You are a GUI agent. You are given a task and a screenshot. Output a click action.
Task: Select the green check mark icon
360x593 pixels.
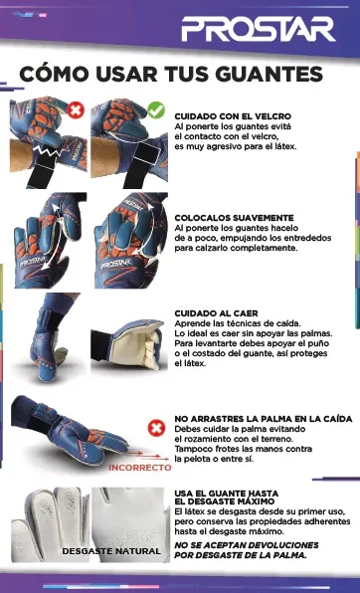coord(154,108)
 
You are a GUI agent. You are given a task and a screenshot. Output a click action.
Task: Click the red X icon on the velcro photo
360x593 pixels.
coord(77,108)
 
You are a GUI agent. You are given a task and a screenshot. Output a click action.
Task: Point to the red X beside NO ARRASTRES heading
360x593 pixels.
coord(155,428)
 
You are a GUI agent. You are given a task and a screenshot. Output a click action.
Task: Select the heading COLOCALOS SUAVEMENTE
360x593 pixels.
coord(234,217)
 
